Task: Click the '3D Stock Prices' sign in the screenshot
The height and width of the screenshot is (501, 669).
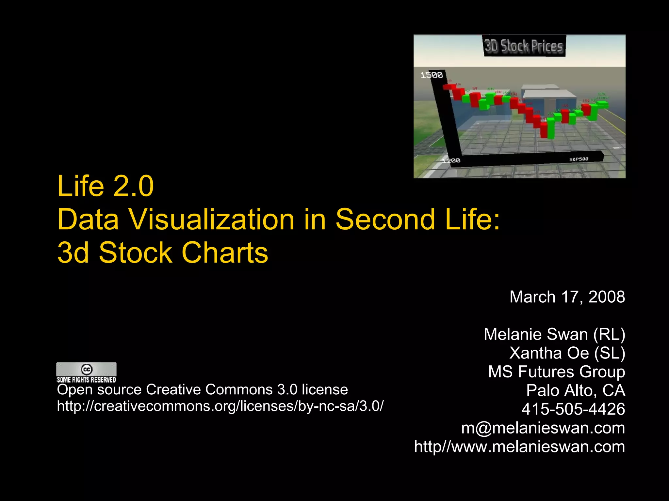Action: click(x=523, y=46)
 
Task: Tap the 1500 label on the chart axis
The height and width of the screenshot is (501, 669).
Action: click(x=431, y=75)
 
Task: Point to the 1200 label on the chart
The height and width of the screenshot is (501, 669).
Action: click(x=451, y=160)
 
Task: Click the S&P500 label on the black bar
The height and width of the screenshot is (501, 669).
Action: click(x=579, y=159)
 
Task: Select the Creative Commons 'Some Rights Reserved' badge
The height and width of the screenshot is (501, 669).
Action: click(x=86, y=372)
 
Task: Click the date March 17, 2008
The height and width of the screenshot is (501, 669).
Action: click(x=567, y=297)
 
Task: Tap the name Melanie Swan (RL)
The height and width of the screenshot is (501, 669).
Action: click(x=554, y=334)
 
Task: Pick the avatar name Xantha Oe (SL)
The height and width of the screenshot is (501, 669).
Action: click(x=567, y=353)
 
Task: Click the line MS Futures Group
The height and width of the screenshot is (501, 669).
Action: click(x=556, y=372)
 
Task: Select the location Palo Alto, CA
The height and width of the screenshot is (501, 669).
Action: click(x=576, y=390)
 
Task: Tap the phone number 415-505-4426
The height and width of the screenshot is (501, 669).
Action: click(x=573, y=409)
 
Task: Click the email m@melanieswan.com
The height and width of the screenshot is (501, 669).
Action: click(x=543, y=428)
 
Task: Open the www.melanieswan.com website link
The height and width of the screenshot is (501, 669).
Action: click(x=519, y=447)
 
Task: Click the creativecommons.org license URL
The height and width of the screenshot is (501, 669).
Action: click(x=220, y=406)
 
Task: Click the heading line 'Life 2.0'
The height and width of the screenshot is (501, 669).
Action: click(x=105, y=186)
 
